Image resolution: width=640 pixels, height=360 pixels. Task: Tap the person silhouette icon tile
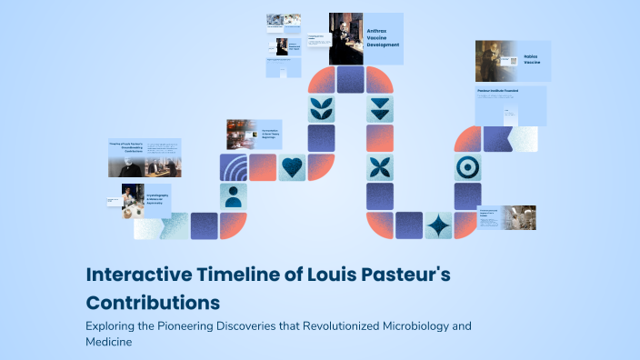tap(234, 196)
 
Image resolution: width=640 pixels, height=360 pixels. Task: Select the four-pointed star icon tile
tap(439, 225)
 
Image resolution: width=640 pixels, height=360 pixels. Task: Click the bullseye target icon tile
tap(468, 167)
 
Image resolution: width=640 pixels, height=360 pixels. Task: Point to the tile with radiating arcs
tap(234, 167)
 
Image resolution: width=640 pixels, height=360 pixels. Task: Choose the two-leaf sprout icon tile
tap(321, 109)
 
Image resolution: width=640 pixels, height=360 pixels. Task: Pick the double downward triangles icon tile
tap(379, 109)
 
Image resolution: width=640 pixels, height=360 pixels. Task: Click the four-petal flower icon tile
tap(379, 167)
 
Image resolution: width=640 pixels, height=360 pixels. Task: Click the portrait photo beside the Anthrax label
tap(345, 38)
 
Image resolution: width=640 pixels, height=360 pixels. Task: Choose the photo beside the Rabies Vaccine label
tap(496, 61)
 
